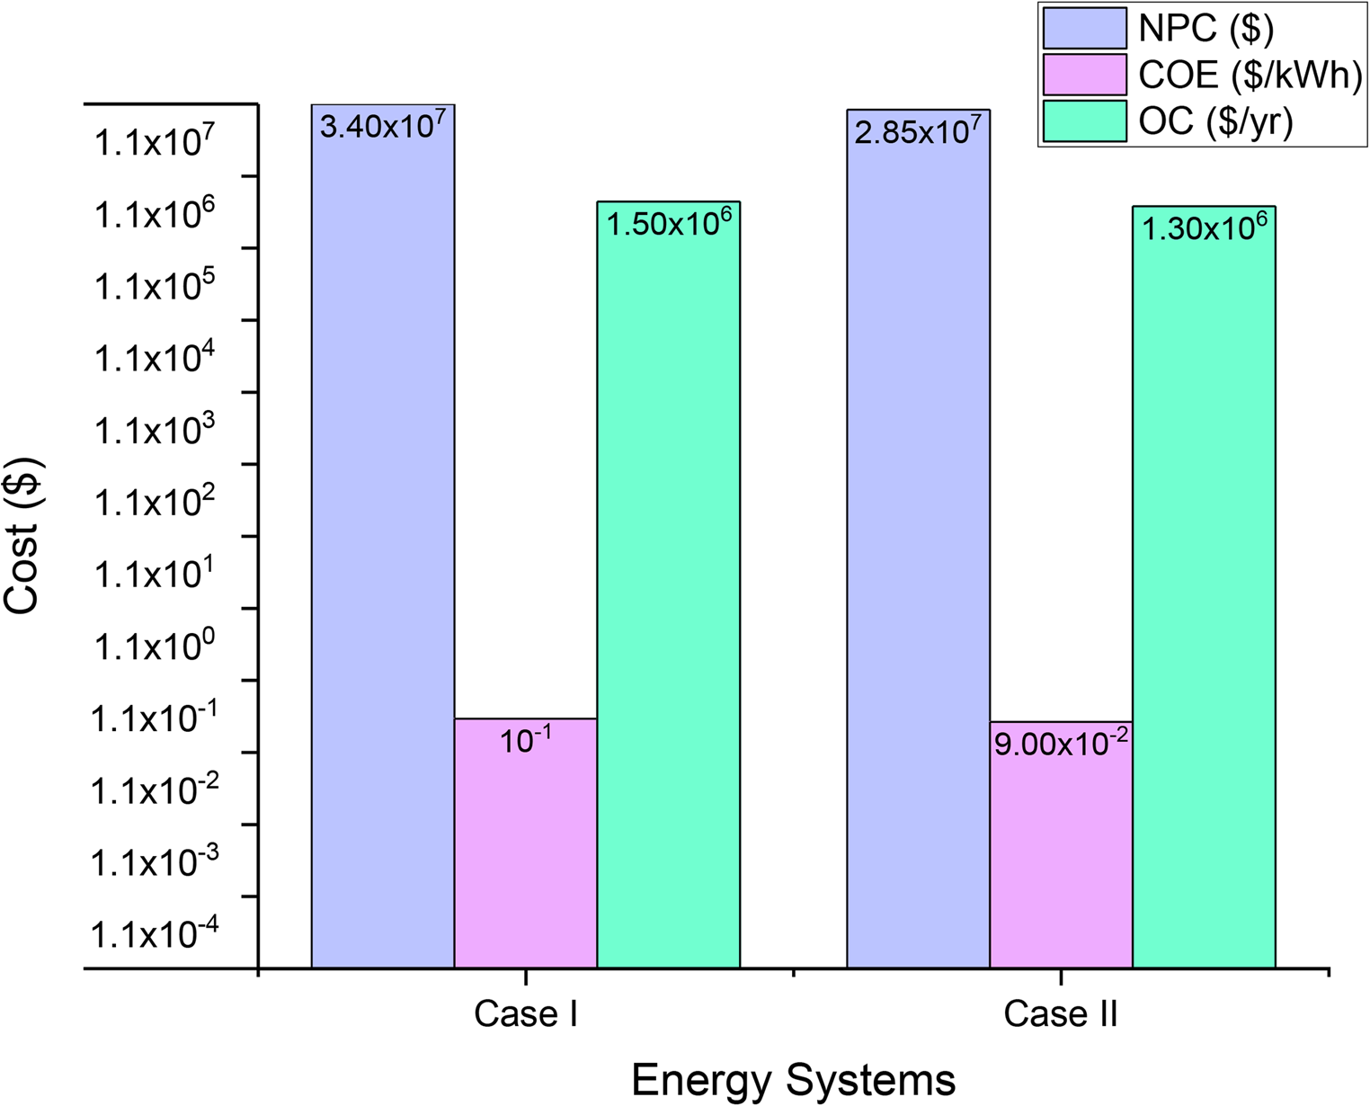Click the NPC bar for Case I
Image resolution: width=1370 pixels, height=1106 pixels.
click(382, 540)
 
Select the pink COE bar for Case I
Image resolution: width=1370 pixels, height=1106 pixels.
click(525, 854)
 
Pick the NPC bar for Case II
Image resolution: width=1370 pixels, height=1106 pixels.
click(918, 540)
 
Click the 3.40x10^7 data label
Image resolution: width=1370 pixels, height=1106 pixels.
click(383, 125)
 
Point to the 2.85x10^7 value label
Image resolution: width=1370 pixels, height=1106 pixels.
click(918, 131)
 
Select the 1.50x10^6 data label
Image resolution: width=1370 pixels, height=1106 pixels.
click(669, 222)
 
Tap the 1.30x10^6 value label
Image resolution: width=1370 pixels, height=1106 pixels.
click(1204, 227)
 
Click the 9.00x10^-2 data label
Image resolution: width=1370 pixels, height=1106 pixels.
click(1061, 744)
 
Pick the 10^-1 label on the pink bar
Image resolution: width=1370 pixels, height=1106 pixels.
click(525, 740)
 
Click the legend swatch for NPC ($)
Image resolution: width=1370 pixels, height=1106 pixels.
click(1084, 28)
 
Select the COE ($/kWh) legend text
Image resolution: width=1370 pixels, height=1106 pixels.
click(1250, 75)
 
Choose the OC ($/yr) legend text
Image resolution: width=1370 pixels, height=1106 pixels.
click(1215, 121)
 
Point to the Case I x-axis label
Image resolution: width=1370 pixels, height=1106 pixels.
click(525, 1014)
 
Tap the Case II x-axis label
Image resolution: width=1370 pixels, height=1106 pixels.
click(1061, 1014)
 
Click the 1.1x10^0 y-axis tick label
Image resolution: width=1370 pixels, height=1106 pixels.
click(154, 645)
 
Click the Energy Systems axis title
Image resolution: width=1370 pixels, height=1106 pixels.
click(793, 1080)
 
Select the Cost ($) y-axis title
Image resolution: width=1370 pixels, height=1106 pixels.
click(22, 536)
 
